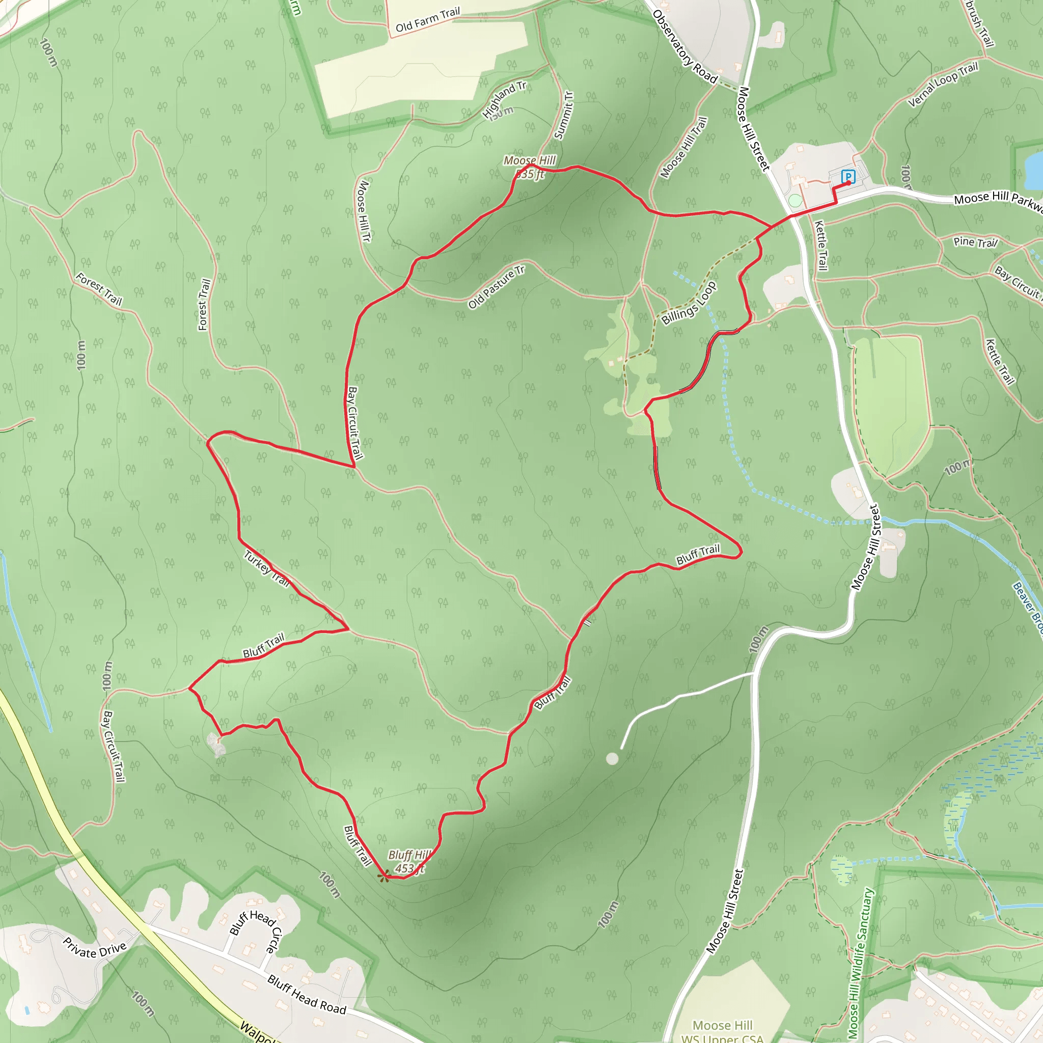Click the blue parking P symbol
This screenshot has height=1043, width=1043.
(848, 177)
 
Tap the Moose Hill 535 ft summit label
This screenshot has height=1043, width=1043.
(529, 167)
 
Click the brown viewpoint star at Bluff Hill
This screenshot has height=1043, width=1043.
(385, 875)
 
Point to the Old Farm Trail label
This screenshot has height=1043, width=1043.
(428, 20)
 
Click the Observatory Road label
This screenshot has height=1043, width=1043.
(684, 47)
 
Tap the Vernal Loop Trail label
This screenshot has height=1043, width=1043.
(943, 85)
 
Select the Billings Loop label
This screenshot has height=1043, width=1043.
(689, 304)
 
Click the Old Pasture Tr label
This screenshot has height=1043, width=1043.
(496, 287)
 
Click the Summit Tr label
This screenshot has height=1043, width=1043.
(564, 116)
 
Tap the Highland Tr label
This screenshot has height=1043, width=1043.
(504, 100)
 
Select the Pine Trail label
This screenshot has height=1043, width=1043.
(975, 242)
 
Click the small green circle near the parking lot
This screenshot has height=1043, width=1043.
(794, 200)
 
